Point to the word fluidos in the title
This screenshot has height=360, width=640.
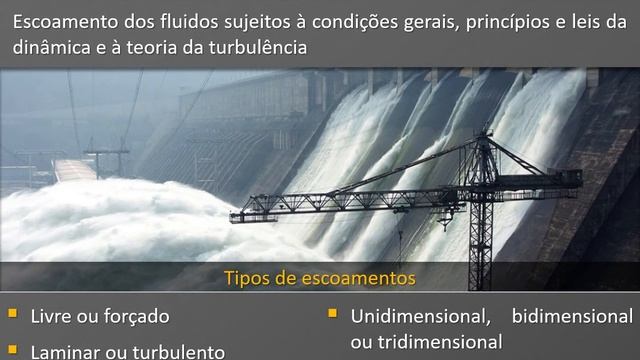click(191, 21)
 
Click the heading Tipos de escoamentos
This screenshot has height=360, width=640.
click(319, 277)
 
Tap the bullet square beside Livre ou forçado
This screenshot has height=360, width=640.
click(12, 313)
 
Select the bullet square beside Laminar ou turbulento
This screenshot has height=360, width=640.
click(12, 349)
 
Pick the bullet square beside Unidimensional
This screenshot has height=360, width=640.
click(333, 313)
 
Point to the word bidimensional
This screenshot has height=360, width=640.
click(572, 317)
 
